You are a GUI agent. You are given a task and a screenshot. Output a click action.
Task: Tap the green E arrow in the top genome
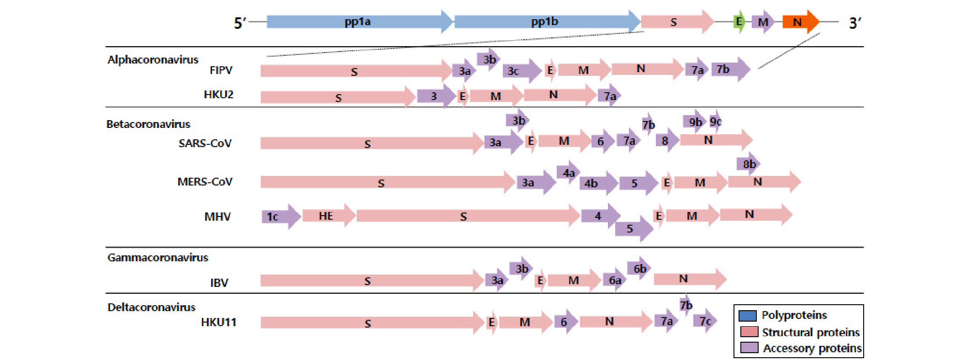click(x=739, y=21)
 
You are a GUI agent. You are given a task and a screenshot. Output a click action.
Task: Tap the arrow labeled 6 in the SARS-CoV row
click(x=602, y=142)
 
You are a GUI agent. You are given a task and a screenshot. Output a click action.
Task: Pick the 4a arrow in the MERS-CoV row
click(x=568, y=173)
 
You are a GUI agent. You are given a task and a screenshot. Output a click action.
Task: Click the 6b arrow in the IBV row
click(x=639, y=269)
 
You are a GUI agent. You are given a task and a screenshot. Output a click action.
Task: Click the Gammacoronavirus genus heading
click(x=158, y=258)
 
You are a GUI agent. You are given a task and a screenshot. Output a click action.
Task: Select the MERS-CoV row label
click(x=205, y=182)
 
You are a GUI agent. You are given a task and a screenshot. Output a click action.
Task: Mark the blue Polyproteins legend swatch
click(x=748, y=316)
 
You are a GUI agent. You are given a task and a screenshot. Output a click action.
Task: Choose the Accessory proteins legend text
click(x=812, y=348)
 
